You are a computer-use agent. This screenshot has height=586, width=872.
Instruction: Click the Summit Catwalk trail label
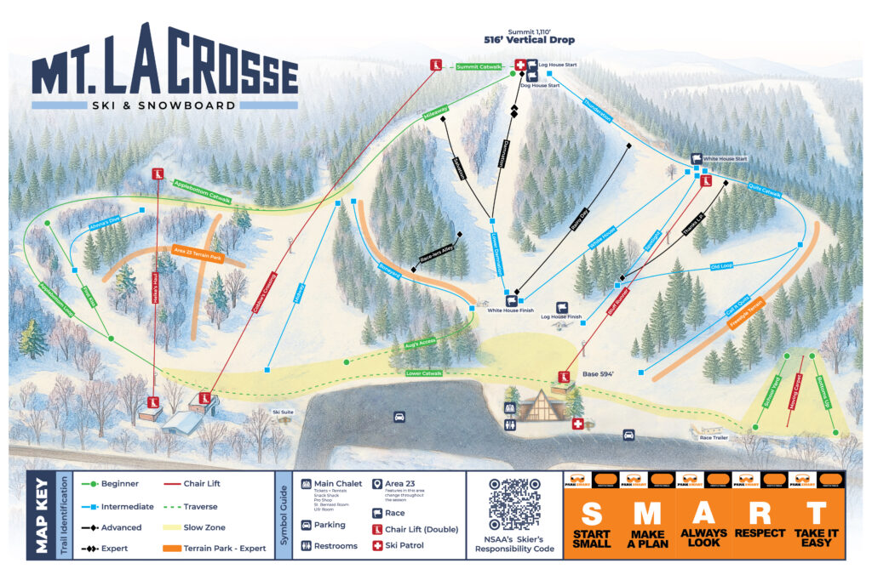click(479, 65)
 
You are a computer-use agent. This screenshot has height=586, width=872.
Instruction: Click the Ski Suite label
click(283, 412)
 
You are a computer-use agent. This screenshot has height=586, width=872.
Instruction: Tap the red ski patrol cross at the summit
click(519, 65)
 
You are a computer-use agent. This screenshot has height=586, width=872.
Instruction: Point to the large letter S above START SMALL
click(591, 513)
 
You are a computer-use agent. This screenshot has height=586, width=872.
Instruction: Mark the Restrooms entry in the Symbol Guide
click(336, 545)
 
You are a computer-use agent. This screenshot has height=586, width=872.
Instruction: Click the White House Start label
click(725, 159)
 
